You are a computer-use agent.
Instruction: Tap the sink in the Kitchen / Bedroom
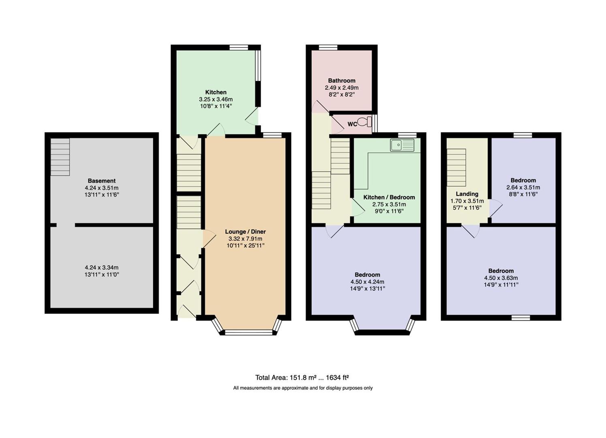coord(402,145)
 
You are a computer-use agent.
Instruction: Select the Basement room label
coord(102,181)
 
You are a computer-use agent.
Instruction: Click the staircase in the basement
coord(60,157)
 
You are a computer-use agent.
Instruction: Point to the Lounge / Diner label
coord(245,232)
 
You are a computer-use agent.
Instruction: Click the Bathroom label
coord(342,81)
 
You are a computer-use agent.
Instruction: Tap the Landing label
coord(467,194)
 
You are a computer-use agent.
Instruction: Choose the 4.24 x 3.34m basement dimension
coord(102,267)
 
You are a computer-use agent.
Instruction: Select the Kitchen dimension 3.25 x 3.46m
coord(216,99)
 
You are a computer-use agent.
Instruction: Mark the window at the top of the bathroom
coord(328,47)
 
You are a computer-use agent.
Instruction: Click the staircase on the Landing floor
coord(456,167)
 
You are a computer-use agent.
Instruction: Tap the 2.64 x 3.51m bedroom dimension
coord(523,187)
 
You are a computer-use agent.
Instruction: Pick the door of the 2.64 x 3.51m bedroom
coord(496,208)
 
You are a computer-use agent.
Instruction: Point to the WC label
coord(352,124)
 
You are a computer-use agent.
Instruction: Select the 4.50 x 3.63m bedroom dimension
coord(501,278)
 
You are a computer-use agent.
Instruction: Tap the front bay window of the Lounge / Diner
coord(248,332)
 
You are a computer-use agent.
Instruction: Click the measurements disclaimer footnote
coord(303,388)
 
